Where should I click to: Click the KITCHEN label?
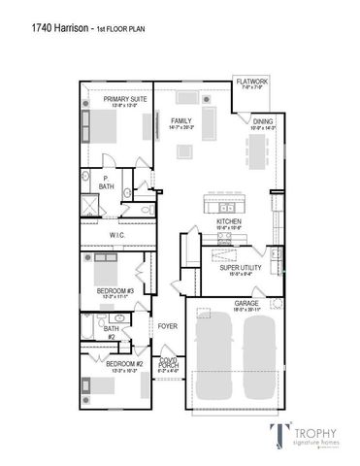pos(228,221)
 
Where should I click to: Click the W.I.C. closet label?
pos(116,233)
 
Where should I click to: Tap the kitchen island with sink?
pos(226,205)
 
